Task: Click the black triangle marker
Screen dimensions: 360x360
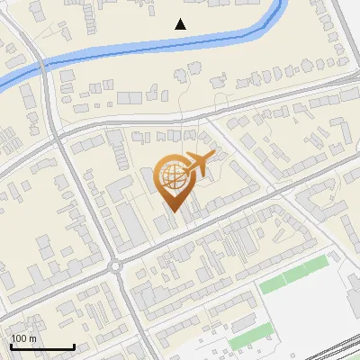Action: click(181, 24)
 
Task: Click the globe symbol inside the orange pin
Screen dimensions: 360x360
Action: click(172, 178)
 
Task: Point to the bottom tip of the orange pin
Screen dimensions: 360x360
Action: click(175, 212)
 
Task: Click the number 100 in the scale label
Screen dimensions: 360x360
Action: click(19, 338)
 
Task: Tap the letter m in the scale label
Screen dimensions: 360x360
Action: click(32, 338)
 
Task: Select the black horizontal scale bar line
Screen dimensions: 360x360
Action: click(42, 346)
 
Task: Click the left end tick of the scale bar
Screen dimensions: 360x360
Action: click(11, 345)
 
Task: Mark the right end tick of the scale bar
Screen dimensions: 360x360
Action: click(74, 345)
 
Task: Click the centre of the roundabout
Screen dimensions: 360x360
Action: click(115, 265)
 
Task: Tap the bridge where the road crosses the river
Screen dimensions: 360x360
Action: click(42, 65)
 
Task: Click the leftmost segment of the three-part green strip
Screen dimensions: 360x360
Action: click(272, 284)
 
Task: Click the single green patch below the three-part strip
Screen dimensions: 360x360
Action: click(242, 342)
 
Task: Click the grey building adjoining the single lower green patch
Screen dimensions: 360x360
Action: click(262, 335)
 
